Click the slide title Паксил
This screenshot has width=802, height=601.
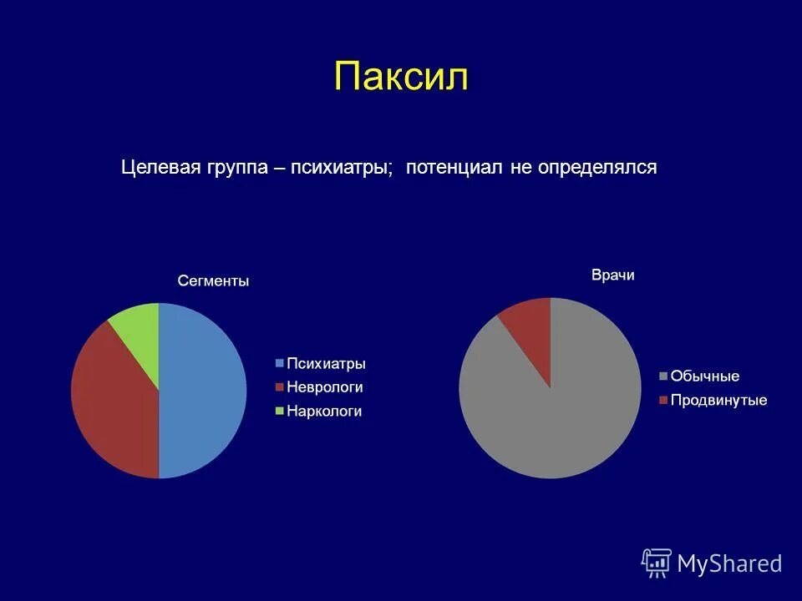click(401, 77)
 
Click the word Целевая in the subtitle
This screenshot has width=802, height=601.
click(159, 167)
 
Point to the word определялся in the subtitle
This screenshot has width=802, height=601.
click(597, 167)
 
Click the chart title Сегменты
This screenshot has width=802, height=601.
click(213, 281)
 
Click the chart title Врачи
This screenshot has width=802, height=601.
click(612, 275)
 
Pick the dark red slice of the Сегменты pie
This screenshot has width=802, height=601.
click(113, 392)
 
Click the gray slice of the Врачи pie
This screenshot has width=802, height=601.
click(551, 417)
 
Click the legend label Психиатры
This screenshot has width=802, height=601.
click(326, 364)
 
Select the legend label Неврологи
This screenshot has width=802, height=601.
click(324, 387)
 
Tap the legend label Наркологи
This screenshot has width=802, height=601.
click(324, 411)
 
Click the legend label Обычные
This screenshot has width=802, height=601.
click(705, 376)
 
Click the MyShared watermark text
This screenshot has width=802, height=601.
click(729, 563)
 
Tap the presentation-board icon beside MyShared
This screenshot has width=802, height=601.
click(657, 563)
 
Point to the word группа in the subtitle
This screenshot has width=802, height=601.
click(234, 167)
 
